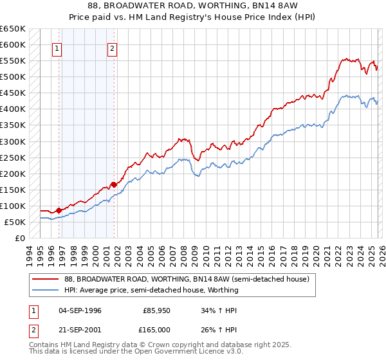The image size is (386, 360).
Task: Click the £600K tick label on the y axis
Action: [x=13, y=45]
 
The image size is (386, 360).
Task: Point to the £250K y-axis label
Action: [x=13, y=157]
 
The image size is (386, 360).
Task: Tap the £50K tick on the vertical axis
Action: [x=15, y=222]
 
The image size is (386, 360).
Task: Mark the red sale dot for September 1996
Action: [x=59, y=210]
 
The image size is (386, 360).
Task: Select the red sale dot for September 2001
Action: [x=114, y=184]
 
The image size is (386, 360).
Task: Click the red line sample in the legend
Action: [x=45, y=280]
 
